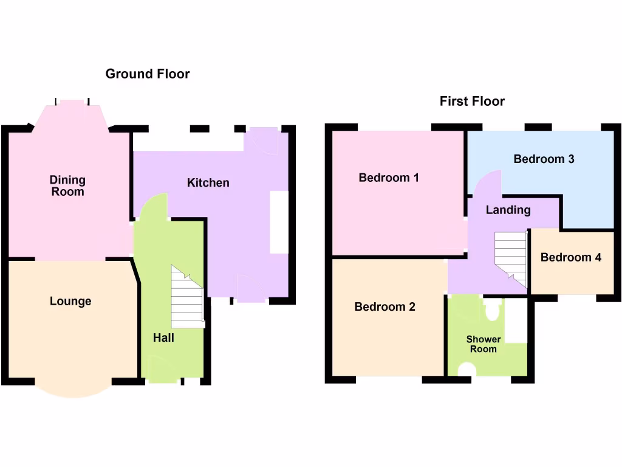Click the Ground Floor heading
(148, 74)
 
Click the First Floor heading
(472, 102)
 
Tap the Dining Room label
(67, 186)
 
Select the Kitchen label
(208, 182)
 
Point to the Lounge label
(70, 301)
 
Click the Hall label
(163, 337)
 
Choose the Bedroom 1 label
(389, 178)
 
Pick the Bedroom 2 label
(384, 306)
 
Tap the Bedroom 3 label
(544, 159)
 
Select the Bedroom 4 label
(571, 257)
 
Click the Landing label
(508, 210)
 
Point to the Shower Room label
(484, 344)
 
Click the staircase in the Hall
(187, 298)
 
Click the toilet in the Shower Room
(492, 310)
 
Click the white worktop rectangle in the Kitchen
(279, 223)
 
